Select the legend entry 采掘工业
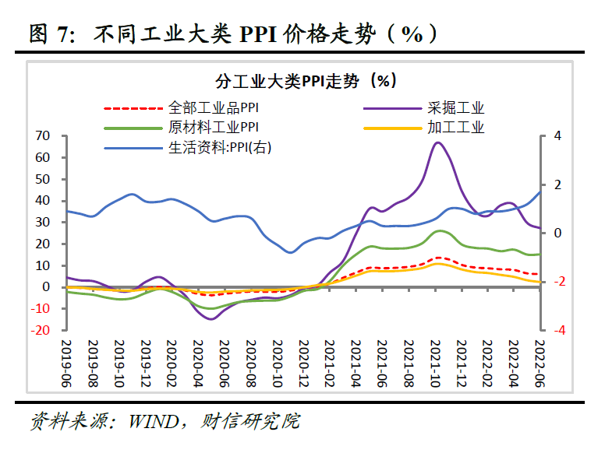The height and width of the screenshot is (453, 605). pos(455,108)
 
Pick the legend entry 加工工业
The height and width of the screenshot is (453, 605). pos(455,127)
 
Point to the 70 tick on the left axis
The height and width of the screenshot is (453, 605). pos(42,136)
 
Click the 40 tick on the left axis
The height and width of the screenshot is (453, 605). pos(42,201)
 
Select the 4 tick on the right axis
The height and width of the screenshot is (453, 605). pos(557,136)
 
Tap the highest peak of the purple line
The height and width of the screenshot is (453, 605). pos(438,142)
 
